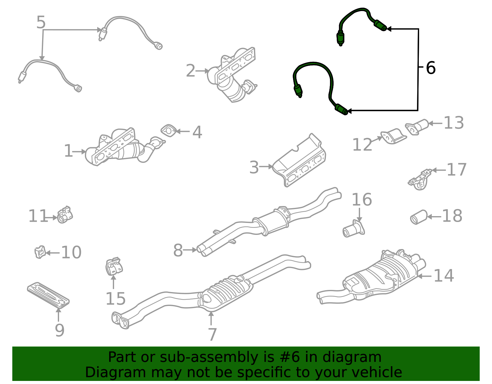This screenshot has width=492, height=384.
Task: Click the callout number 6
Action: coord(430,68)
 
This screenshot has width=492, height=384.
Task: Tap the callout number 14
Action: coord(443,275)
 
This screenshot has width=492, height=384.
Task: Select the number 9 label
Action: coord(60,331)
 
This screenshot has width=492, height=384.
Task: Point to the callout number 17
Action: coord(456,169)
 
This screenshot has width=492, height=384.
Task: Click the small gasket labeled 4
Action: coord(169,131)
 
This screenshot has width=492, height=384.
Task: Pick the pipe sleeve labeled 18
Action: coord(419,217)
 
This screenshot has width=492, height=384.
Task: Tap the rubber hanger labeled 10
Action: coord(40,252)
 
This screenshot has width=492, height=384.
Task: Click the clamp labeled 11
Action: coord(65,215)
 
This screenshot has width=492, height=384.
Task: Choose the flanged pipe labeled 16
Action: coord(353,229)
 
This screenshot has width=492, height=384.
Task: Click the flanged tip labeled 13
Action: coord(417,127)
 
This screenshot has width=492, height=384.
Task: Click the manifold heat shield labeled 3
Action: coord(299,160)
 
